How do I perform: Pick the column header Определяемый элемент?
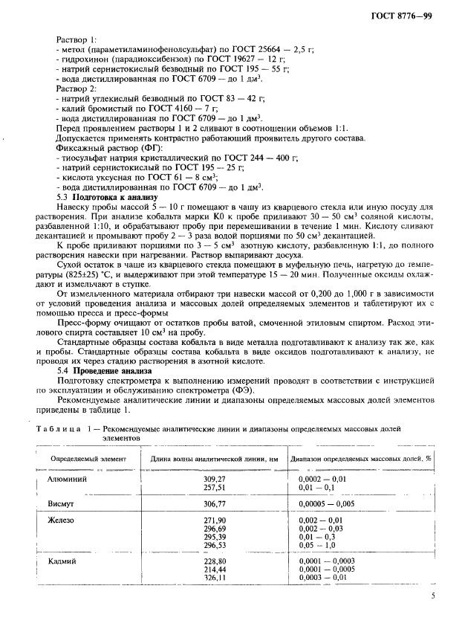pyautogui.click(x=88, y=459)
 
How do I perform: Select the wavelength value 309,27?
pyautogui.click(x=214, y=480)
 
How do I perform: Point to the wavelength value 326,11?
pyautogui.click(x=214, y=578)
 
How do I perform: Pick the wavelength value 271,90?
pyautogui.click(x=214, y=520)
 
